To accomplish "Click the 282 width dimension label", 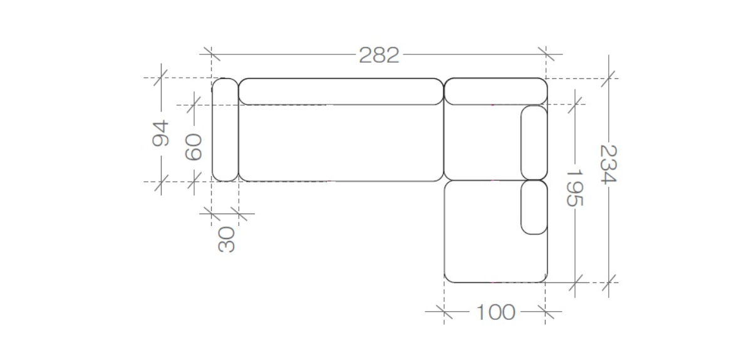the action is pyautogui.click(x=379, y=55).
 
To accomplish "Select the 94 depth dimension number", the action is pyautogui.click(x=160, y=133).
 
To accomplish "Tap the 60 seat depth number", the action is pyautogui.click(x=194, y=147).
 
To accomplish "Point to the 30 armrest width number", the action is pyautogui.click(x=227, y=240).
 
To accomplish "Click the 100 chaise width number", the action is pyautogui.click(x=496, y=312).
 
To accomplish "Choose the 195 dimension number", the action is pyautogui.click(x=574, y=188).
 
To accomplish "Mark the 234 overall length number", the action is pyautogui.click(x=608, y=164).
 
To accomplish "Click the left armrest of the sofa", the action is pyautogui.click(x=225, y=130).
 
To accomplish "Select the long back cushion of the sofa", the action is pyautogui.click(x=341, y=91).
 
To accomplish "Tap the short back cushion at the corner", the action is pyautogui.click(x=496, y=91).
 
